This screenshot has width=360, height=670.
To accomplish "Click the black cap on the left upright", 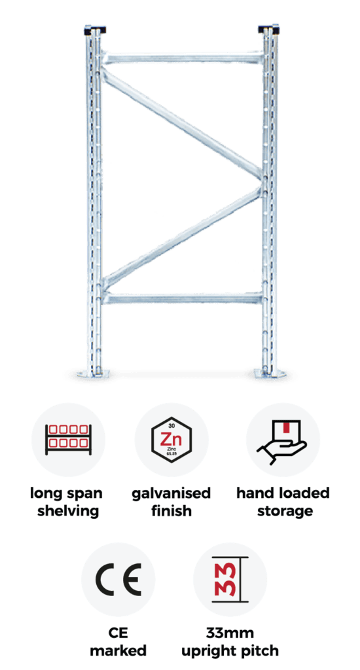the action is pos(95,31).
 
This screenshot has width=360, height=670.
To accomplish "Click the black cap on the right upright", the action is pos(268,30).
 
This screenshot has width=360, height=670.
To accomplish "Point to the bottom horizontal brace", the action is pos(183,298).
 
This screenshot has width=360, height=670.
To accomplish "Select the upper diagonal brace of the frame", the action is pos(183,124).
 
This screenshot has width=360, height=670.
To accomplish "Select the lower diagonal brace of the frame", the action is pos(183,237).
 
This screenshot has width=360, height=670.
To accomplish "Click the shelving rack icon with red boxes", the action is pos(69,439).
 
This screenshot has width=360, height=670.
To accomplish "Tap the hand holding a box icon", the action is pos(282,442).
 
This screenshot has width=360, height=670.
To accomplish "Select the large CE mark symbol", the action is pos(118,580).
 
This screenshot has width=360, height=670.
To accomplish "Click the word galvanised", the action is pos(171,493).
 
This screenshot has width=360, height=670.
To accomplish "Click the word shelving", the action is pos(69,511).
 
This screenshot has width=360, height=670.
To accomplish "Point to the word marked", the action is pos(118,651).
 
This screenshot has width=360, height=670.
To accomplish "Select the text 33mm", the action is pos(230,633).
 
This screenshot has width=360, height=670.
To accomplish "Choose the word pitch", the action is pos(260,651).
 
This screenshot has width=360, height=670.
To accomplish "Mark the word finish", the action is pos(171,511).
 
